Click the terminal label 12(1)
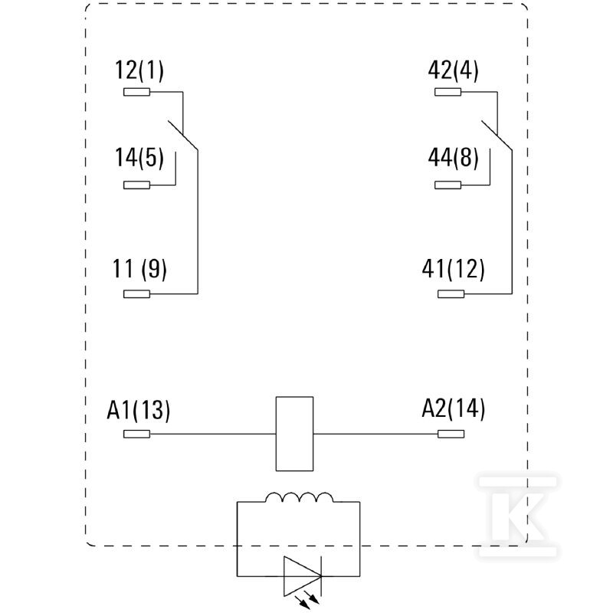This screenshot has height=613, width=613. [x=139, y=70]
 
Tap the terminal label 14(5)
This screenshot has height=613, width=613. [x=139, y=158]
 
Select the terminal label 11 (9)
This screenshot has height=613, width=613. [x=139, y=269]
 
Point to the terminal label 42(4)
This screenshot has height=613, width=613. [x=453, y=70]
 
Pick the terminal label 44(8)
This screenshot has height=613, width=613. [x=453, y=158]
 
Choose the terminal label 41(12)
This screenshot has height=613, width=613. [x=453, y=269]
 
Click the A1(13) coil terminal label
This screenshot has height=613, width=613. [x=139, y=410]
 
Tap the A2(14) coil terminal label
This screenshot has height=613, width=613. [x=453, y=409]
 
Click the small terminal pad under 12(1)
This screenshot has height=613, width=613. [x=137, y=92]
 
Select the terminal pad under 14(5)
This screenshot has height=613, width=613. [x=137, y=185]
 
